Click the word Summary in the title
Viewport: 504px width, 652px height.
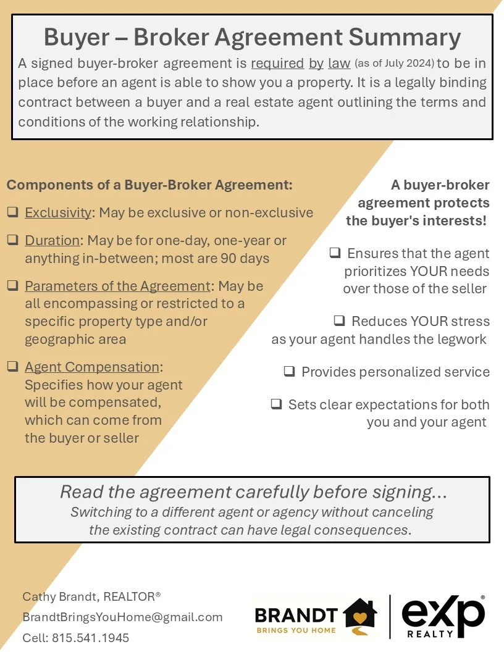[x=405, y=37]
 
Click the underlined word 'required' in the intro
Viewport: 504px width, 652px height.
[x=277, y=64]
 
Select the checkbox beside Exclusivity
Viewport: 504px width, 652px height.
[x=12, y=212]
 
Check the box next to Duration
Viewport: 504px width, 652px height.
[x=12, y=240]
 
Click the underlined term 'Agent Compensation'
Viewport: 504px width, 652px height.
[x=92, y=367]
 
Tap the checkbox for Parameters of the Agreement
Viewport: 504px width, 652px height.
[x=12, y=286]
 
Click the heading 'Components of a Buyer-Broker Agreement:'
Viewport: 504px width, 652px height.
[x=149, y=185]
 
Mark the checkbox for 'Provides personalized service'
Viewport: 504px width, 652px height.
[x=289, y=372]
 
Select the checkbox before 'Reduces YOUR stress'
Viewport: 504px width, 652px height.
[x=339, y=321]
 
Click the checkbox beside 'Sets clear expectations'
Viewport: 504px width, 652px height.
[x=276, y=405]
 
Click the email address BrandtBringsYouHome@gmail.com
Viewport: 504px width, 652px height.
[x=122, y=617]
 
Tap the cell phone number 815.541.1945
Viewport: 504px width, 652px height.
[x=90, y=638]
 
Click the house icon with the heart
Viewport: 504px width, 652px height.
[x=360, y=615]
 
